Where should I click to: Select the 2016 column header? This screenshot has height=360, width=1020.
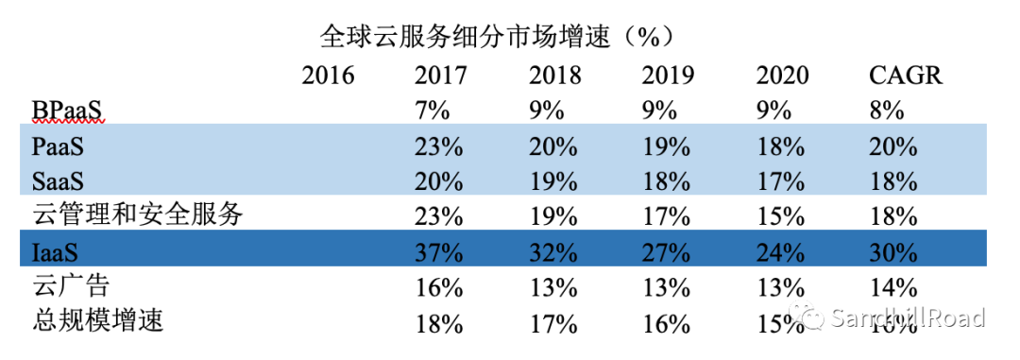point(328,76)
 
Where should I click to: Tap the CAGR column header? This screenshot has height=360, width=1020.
point(906,76)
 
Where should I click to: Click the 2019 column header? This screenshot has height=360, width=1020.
point(668,76)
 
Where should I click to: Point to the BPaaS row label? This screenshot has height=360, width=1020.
point(66,111)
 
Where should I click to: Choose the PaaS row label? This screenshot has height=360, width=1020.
point(59,146)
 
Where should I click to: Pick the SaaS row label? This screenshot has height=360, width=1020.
point(59,181)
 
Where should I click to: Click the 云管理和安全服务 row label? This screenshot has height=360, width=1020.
point(138,215)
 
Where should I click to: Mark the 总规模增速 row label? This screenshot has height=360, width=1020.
point(97,321)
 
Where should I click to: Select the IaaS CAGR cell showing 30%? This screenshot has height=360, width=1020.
point(893,252)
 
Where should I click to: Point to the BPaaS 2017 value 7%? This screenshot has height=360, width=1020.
point(433,111)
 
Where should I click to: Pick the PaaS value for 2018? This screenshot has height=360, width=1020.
point(553,146)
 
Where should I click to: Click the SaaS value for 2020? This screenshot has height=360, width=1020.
point(780,181)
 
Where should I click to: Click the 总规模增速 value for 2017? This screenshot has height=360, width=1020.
point(440,322)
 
